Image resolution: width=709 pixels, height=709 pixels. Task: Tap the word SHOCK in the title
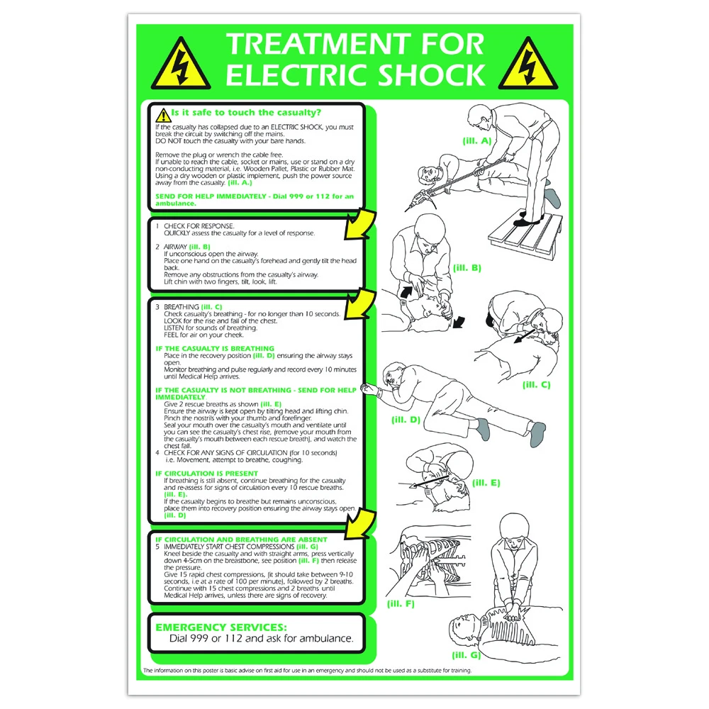(x=428, y=74)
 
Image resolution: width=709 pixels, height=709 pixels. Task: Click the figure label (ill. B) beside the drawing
(x=467, y=267)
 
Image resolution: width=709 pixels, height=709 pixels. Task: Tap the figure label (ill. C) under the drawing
(x=536, y=384)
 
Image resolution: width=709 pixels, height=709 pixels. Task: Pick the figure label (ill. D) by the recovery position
(x=406, y=419)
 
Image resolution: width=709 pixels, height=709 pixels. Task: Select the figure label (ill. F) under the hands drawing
(x=401, y=603)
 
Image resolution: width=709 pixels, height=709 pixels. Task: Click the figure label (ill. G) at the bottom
(x=465, y=655)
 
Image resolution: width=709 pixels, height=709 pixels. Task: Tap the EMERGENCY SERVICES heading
(x=220, y=627)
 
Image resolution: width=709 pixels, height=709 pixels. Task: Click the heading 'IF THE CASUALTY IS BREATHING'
(x=214, y=348)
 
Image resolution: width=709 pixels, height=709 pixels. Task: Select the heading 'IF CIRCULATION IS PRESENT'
(x=206, y=473)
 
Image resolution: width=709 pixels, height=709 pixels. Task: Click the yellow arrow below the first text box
(x=358, y=225)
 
